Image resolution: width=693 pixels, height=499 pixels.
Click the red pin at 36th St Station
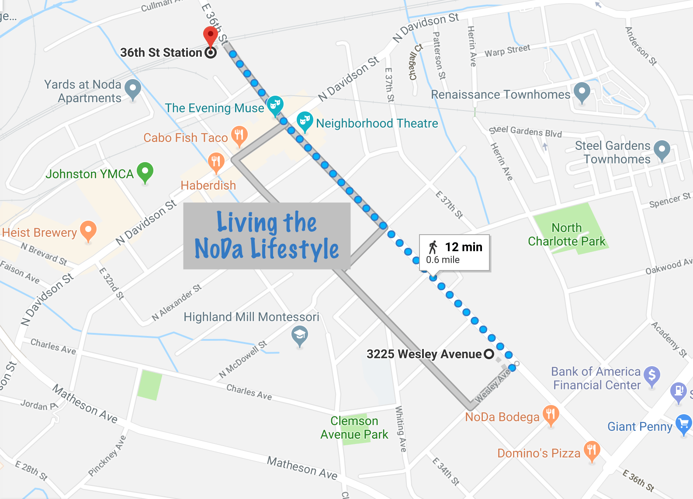(x=211, y=35)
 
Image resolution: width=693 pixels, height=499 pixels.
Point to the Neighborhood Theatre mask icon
(x=305, y=120)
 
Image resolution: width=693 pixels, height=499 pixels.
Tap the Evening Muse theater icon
(x=275, y=104)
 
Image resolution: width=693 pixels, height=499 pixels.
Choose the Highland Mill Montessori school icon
(x=300, y=336)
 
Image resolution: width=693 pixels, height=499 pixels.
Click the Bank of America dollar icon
(x=652, y=375)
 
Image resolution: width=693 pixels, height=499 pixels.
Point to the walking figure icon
(x=433, y=247)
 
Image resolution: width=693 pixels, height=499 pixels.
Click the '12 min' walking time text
(x=464, y=247)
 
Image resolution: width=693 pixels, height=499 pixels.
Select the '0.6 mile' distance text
(x=443, y=260)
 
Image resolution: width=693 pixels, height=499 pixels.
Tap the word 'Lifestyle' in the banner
(x=295, y=250)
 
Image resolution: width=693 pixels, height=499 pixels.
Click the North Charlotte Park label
(x=566, y=235)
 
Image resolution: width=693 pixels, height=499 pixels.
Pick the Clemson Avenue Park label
(x=354, y=428)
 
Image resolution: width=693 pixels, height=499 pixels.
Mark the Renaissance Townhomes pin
(x=582, y=91)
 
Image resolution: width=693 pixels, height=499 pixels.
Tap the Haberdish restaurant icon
(x=216, y=162)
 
